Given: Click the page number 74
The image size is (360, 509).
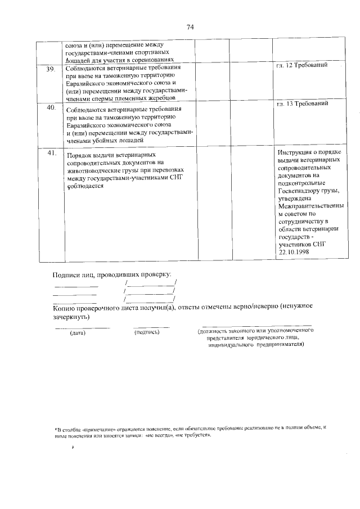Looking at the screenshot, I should tap(190, 27).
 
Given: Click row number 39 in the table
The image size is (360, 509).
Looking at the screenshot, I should tap(50, 69).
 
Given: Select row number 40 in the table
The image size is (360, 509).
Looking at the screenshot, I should tap(50, 107).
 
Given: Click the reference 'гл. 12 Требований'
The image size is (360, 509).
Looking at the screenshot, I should tap(301, 66).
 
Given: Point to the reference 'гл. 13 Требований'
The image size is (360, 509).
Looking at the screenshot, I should tap(301, 103).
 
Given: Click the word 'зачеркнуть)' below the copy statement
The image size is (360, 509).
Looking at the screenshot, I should tap(71, 317).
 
